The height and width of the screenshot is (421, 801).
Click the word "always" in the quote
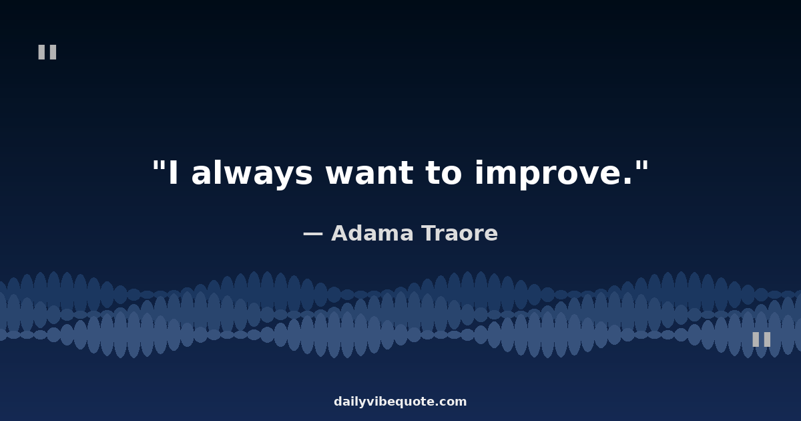[x=252, y=173]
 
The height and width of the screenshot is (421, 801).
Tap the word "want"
[x=369, y=173]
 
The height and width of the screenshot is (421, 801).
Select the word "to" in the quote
[x=443, y=173]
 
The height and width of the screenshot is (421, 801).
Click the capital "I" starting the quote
[x=173, y=173]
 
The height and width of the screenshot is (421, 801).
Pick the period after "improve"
[x=627, y=181]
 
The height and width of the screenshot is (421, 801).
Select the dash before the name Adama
[x=313, y=235]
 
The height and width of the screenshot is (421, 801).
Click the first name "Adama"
[x=372, y=233]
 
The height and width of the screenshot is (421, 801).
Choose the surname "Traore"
[x=460, y=233]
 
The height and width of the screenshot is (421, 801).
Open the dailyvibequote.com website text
[x=400, y=402]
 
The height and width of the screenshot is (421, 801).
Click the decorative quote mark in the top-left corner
[x=47, y=52]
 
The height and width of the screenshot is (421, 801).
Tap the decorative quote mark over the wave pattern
[x=762, y=339]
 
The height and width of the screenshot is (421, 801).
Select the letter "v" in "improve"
[x=587, y=176]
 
